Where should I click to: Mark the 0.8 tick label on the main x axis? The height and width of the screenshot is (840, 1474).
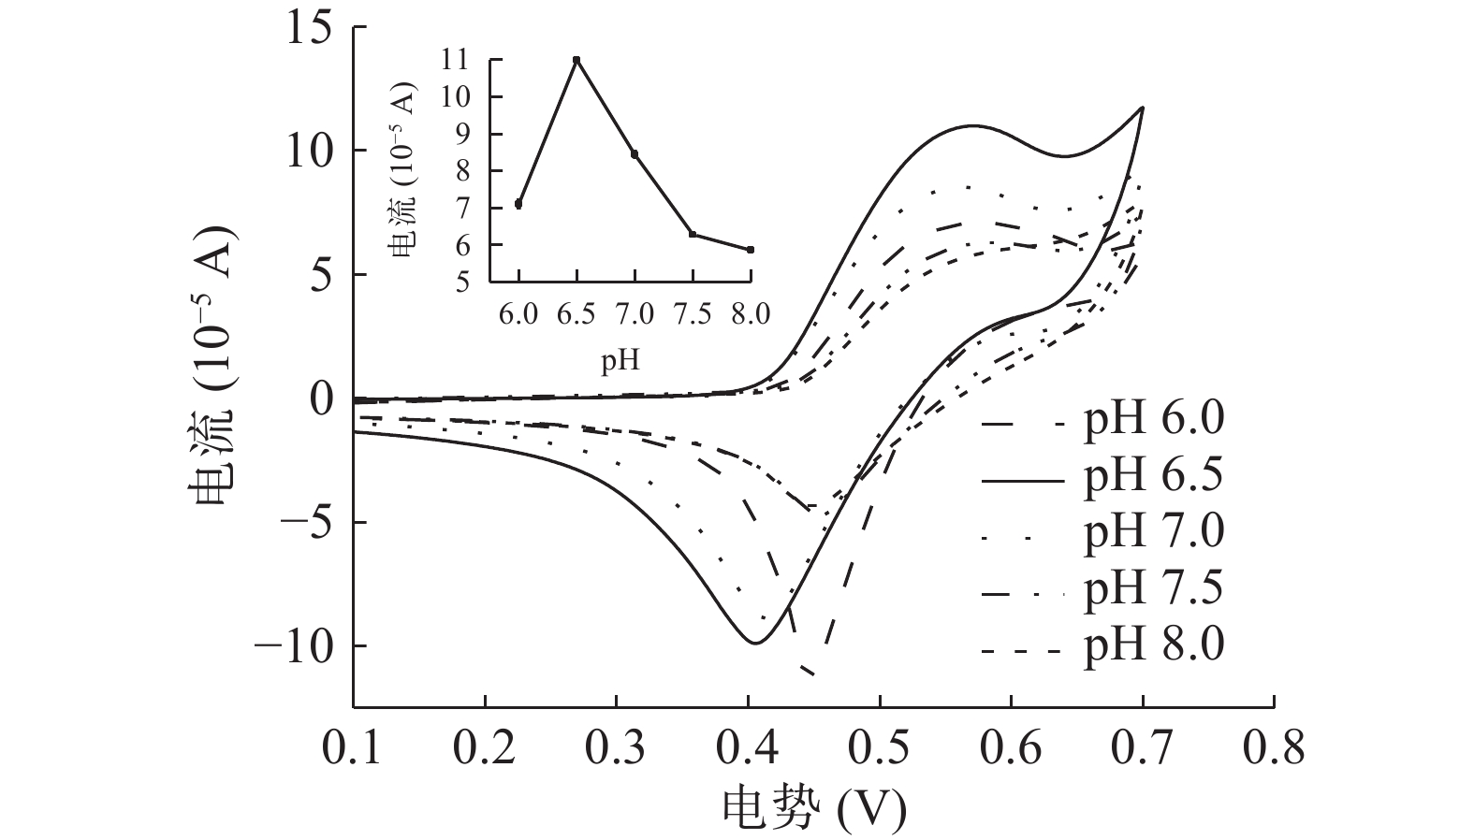click(1274, 749)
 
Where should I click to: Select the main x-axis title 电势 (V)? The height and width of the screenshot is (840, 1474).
click(813, 807)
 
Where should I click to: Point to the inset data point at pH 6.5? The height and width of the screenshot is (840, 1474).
click(576, 60)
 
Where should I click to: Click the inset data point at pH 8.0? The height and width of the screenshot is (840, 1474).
click(751, 250)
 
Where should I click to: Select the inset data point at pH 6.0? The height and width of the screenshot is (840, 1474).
click(518, 204)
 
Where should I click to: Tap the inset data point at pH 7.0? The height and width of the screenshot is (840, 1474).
click(635, 154)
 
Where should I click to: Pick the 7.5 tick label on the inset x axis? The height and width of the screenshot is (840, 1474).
click(692, 314)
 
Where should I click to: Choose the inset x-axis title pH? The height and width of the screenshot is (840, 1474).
click(620, 360)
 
